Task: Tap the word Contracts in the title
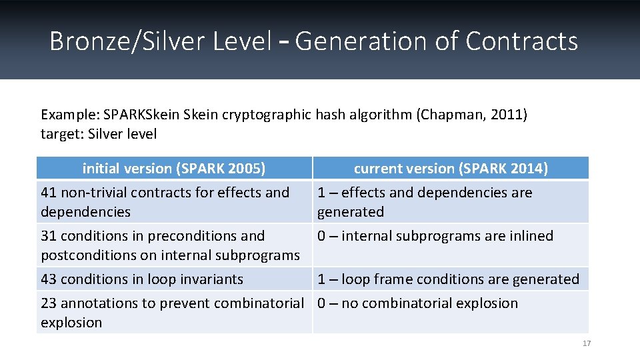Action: [x=521, y=41]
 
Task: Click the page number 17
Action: [x=587, y=343]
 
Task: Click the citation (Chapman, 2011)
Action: [x=471, y=115]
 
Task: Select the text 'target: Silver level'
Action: [x=99, y=134]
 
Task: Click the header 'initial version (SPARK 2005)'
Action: [x=174, y=169]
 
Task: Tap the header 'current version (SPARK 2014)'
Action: [x=451, y=169]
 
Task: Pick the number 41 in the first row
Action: [x=49, y=193]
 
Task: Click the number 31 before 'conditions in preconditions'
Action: [x=49, y=236]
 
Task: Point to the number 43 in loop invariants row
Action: [x=49, y=279]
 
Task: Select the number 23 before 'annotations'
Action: [x=49, y=303]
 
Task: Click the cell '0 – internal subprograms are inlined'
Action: [x=435, y=236]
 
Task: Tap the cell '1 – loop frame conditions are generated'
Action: [x=448, y=279]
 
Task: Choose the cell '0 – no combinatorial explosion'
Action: [x=417, y=303]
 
